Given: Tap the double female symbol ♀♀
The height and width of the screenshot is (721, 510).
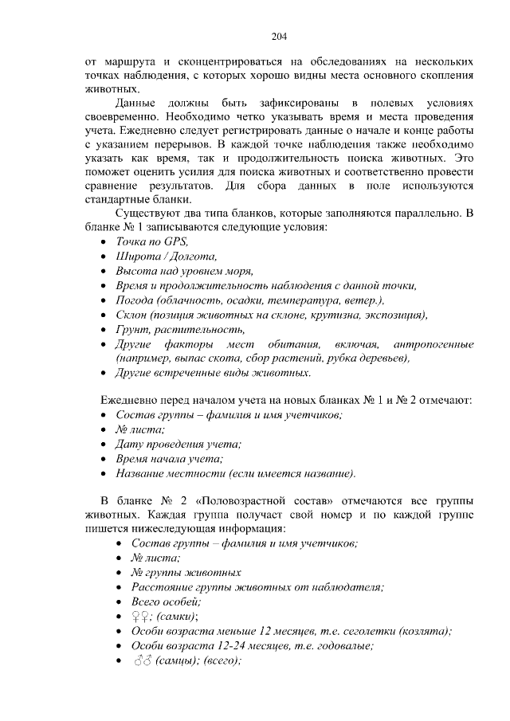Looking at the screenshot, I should (x=142, y=617).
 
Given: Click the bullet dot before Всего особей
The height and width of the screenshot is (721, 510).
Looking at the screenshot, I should (x=120, y=602).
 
